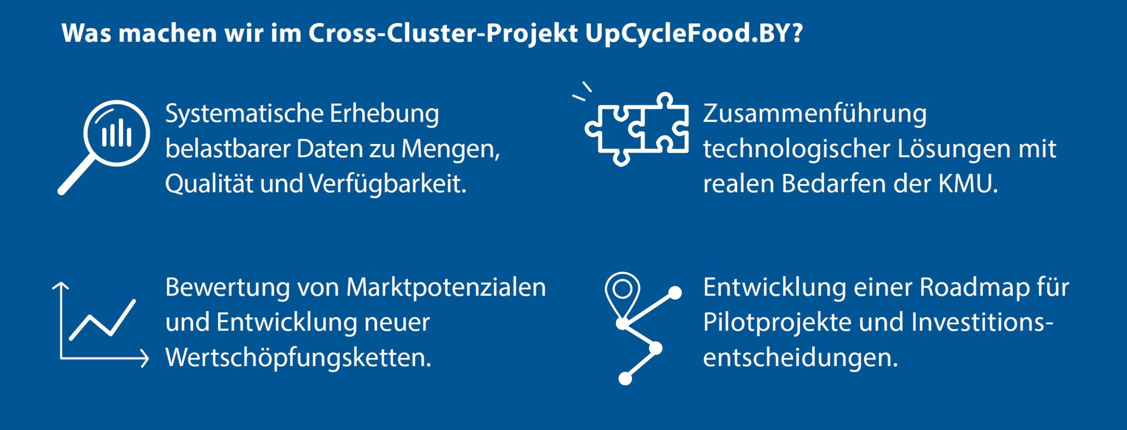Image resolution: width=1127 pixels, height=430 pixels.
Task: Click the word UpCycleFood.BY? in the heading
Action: pos(694,33)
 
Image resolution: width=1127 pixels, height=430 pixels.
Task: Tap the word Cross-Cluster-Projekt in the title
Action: pos(443,33)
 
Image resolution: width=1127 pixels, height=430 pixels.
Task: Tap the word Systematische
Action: pos(244,114)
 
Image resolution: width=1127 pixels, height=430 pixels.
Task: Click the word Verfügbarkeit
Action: pos(387,184)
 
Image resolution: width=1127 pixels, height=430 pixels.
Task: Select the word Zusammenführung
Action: pos(815,114)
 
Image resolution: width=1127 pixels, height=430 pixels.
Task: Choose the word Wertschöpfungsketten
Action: pos(298,357)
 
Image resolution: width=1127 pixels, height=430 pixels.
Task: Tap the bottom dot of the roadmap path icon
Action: pos(625,378)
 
